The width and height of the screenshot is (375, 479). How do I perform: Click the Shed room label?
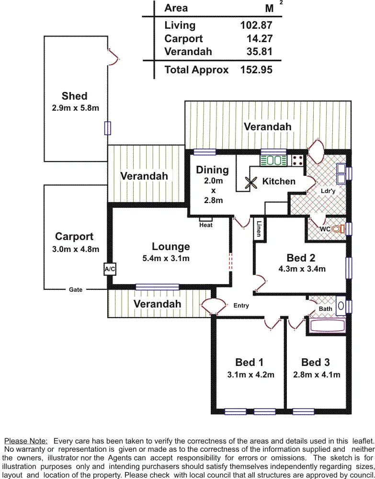pyautogui.click(x=74, y=96)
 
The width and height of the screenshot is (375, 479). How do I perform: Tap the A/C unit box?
pyautogui.click(x=110, y=270)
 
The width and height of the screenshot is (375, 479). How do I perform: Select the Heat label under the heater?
pyautogui.click(x=206, y=225)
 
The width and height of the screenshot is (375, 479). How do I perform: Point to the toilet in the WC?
pyautogui.click(x=340, y=229)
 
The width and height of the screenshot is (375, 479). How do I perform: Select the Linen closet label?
pyautogui.click(x=259, y=228)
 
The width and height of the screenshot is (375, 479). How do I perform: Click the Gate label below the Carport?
pyautogui.click(x=76, y=290)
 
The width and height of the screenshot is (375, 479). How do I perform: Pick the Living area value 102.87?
pyautogui.click(x=256, y=25)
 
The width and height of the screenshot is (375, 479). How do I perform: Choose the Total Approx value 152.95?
pyautogui.click(x=256, y=70)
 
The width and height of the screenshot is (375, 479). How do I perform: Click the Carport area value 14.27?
pyautogui.click(x=259, y=39)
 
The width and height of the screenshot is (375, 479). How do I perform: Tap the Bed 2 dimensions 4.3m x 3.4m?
pyautogui.click(x=302, y=269)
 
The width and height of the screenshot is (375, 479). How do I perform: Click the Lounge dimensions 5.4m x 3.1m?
pyautogui.click(x=166, y=259)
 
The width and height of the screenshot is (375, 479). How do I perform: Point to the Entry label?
pyautogui.click(x=241, y=306)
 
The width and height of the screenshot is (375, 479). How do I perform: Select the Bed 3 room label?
pyautogui.click(x=316, y=363)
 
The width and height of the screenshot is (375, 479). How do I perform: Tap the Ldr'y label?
pyautogui.click(x=328, y=191)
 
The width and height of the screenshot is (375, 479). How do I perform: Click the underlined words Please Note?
pyautogui.click(x=26, y=441)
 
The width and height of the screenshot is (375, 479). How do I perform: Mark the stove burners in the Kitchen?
pyautogui.click(x=297, y=160)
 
